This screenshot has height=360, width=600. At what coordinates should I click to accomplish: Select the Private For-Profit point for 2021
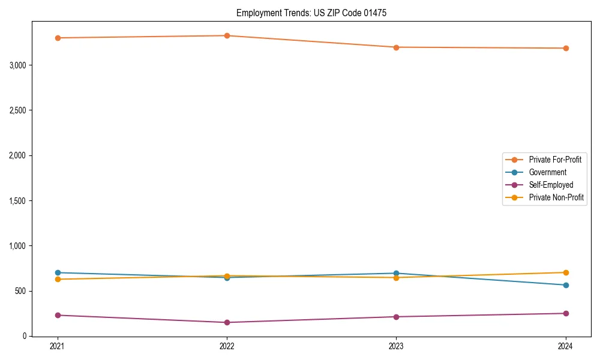point(58,38)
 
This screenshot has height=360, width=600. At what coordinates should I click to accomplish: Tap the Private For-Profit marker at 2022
point(227,35)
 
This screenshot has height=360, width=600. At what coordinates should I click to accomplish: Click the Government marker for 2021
point(58,272)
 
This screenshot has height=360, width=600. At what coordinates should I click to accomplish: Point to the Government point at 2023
point(396,273)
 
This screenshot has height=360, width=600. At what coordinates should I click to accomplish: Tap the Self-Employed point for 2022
point(227,322)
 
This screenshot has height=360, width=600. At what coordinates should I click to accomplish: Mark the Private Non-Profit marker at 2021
point(58,279)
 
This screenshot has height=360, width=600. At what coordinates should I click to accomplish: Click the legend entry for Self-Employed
point(551,185)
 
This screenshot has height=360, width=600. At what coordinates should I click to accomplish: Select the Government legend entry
point(547,172)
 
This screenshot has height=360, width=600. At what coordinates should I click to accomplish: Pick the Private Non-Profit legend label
point(556,197)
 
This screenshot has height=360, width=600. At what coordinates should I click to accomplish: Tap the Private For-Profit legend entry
point(555,160)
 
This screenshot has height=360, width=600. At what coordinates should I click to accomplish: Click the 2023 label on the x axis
point(396,346)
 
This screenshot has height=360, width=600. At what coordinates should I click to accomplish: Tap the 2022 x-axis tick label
point(227,346)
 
